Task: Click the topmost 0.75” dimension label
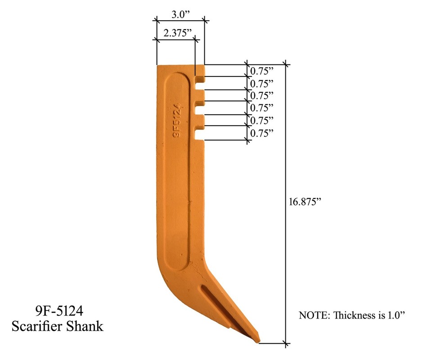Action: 262,71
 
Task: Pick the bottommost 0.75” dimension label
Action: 262,133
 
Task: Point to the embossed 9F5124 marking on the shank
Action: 177,119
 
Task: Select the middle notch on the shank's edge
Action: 199,108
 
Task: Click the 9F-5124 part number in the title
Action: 57,310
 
